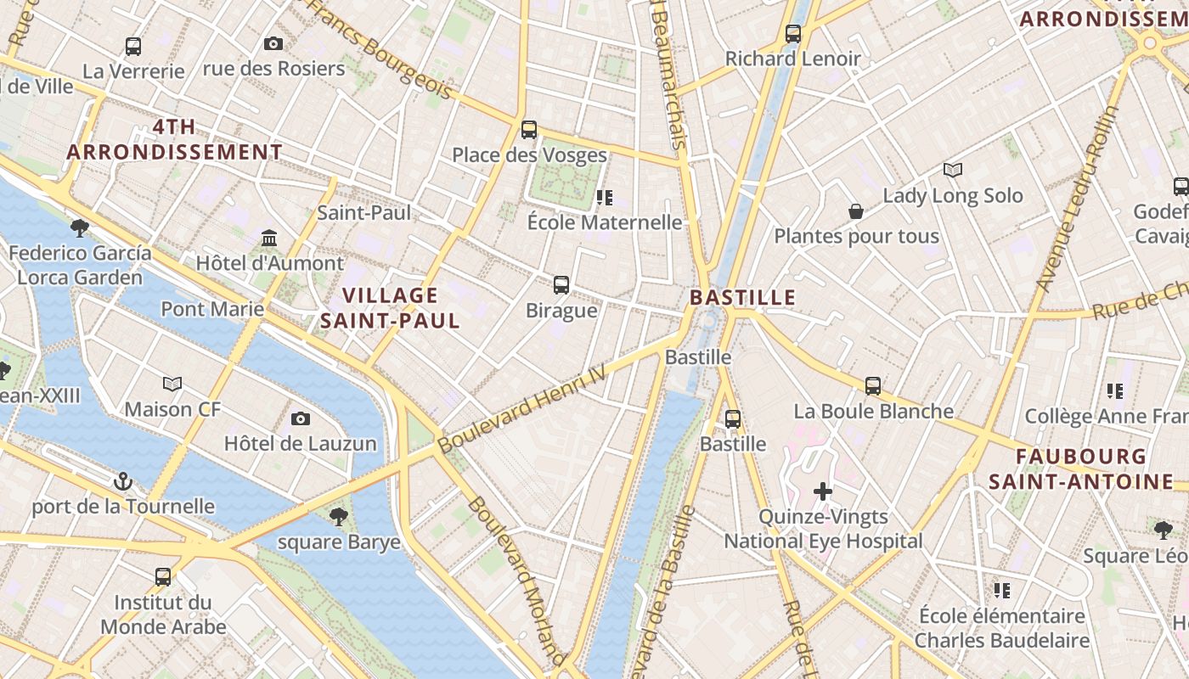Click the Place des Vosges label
pos(529,155)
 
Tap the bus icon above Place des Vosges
pos(529,130)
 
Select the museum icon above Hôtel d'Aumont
pos(270,238)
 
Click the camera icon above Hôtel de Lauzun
pos(300,418)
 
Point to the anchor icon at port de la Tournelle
pos(123,481)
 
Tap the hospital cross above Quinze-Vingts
pos(822,491)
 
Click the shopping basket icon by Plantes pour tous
pos(856,210)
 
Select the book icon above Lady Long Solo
pos(953,171)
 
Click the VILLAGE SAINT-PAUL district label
pos(390,308)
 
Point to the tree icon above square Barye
pos(338,516)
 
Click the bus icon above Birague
pos(561,285)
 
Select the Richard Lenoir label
pos(792,59)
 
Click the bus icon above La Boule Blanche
pos(873,386)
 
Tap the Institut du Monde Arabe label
pos(163,615)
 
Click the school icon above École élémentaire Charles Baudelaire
pos(1002,590)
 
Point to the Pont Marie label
pos(212,308)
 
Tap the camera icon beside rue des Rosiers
pos(273,43)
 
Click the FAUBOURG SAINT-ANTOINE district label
pos(1081,469)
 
